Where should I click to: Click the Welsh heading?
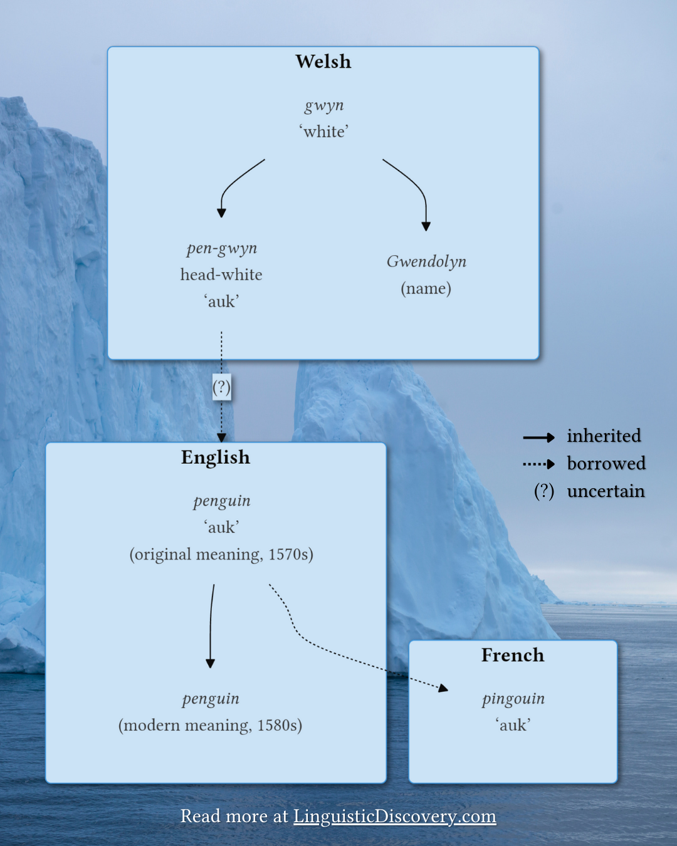[x=323, y=61]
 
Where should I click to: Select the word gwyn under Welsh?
[x=324, y=105]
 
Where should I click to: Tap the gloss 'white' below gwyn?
[x=324, y=132]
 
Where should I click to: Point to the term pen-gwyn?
[x=222, y=248]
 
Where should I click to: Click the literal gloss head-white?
[x=221, y=274]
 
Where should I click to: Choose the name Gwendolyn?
[x=426, y=261]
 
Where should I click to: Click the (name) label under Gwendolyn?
[x=426, y=288]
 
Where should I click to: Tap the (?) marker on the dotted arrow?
[x=221, y=387]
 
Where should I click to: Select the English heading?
[x=216, y=457]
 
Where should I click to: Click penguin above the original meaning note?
[x=222, y=501]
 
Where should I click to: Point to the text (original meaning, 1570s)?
[x=221, y=555]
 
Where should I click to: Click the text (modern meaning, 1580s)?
[x=210, y=725]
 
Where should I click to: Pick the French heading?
[x=513, y=655]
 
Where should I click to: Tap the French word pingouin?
[x=513, y=698]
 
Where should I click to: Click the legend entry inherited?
[x=604, y=436]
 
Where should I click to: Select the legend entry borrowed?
[x=606, y=463]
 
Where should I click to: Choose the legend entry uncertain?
[x=606, y=491]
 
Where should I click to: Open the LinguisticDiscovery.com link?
[x=395, y=816]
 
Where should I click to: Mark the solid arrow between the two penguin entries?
[x=211, y=627]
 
